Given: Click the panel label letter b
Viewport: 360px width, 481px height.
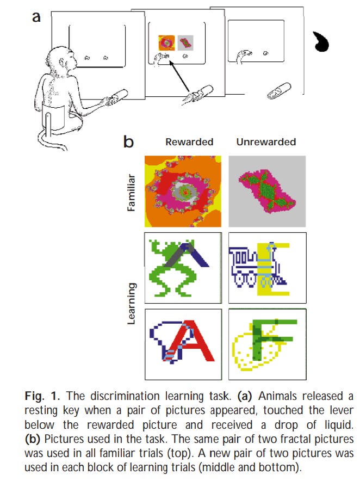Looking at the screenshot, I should tap(129, 143).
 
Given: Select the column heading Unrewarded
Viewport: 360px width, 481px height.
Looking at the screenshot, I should tap(266, 142).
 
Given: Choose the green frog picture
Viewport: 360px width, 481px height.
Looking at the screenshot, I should tap(183, 268).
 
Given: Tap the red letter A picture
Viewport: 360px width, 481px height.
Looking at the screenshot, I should tap(183, 343).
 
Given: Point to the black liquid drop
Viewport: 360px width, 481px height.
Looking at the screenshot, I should tap(323, 42).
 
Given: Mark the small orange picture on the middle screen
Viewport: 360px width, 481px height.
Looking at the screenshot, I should tap(165, 41).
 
